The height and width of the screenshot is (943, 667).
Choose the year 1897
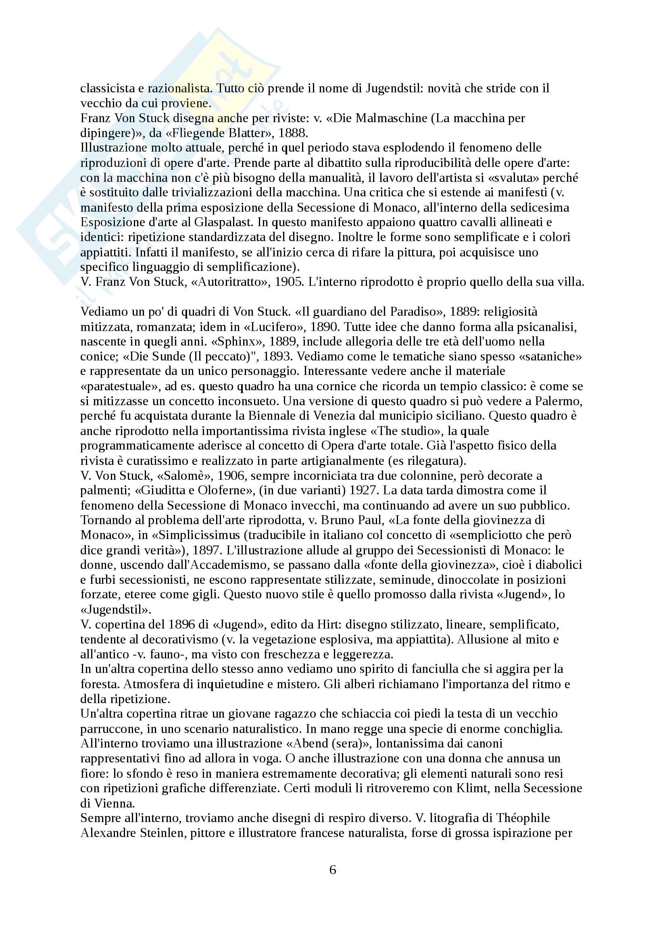click(207, 550)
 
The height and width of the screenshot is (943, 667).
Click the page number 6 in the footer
click(333, 870)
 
